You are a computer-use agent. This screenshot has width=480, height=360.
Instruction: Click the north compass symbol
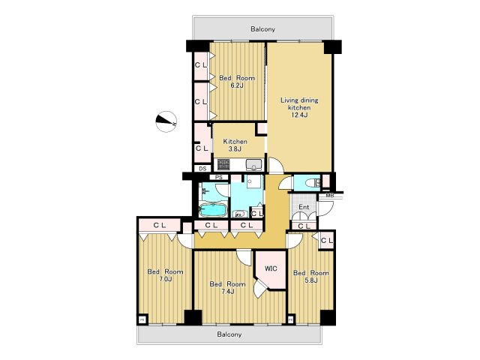166,121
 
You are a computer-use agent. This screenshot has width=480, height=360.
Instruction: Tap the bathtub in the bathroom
213,210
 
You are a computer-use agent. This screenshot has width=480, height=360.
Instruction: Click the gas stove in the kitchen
223,164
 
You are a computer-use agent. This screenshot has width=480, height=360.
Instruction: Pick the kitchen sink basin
253,165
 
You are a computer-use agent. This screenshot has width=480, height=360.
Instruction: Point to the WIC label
271,268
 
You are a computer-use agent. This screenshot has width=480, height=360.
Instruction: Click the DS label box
202,169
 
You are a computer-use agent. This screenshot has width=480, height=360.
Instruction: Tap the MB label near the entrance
330,196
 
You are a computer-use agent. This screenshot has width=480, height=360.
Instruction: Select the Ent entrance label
304,207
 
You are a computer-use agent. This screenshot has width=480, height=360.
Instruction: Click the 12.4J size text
299,115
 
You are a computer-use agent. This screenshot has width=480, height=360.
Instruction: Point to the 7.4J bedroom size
227,292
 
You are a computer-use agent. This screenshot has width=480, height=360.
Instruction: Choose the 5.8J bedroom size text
311,280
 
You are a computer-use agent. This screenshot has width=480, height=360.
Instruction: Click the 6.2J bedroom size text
237,85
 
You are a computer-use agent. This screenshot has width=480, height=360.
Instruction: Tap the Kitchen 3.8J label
235,145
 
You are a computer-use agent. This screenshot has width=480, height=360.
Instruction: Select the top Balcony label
262,29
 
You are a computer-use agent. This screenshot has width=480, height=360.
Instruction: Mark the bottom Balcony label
229,334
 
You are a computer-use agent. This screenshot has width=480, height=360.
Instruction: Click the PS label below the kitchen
218,177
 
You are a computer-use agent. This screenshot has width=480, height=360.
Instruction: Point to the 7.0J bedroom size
165,279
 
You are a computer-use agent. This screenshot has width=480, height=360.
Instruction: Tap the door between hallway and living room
276,165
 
